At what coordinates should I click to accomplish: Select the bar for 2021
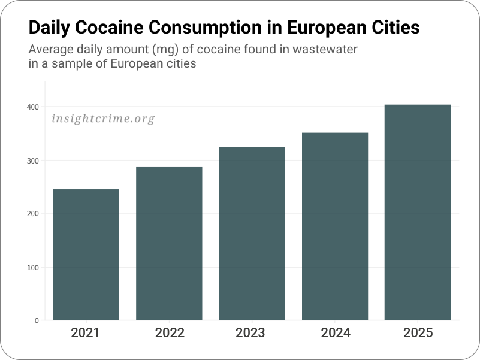(86, 255)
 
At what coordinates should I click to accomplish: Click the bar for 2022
(169, 243)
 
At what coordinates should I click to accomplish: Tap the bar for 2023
(252, 234)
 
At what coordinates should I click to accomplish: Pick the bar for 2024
(334, 226)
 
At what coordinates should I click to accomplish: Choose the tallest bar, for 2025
(418, 213)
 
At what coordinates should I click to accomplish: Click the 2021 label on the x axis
(86, 333)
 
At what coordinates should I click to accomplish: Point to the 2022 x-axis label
(170, 333)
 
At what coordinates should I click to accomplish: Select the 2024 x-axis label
(335, 333)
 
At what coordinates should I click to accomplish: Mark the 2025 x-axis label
(418, 333)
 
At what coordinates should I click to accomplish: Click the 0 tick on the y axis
(37, 320)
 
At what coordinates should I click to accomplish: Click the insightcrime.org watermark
(103, 119)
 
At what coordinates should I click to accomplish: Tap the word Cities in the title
(393, 28)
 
